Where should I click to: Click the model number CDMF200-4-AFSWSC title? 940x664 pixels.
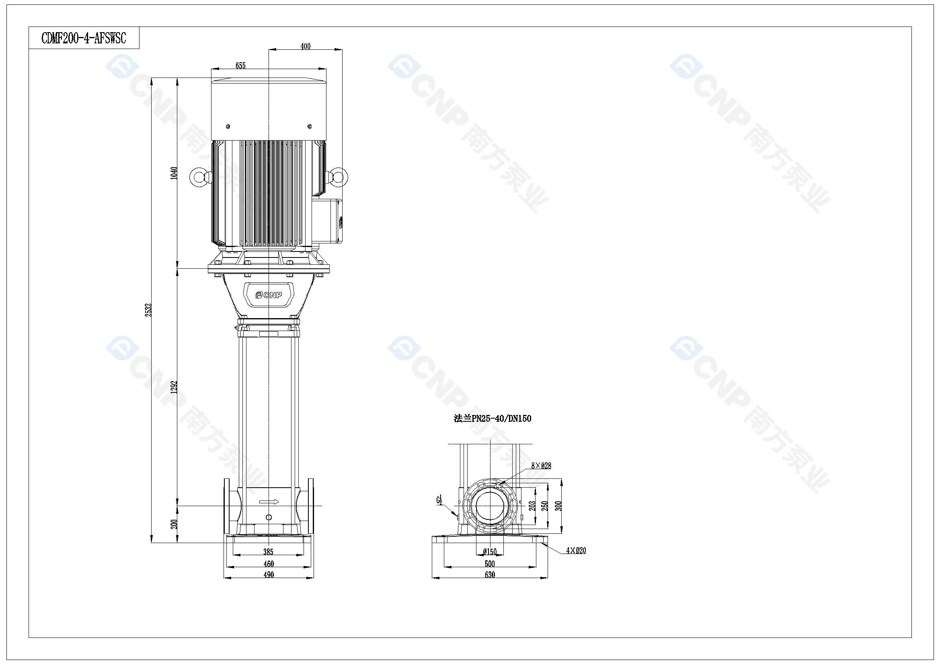coord(84,39)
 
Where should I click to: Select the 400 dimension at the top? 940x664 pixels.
coord(306,47)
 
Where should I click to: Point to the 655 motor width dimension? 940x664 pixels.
coord(241,66)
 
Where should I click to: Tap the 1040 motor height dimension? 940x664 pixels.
coord(174,173)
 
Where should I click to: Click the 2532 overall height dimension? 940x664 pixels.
coord(148,310)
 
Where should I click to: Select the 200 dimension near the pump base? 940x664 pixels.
coord(174,524)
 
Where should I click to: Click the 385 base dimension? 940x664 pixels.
coord(268,552)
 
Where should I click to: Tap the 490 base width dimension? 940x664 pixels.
coord(269,575)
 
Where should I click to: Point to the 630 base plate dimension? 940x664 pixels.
coord(490,575)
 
